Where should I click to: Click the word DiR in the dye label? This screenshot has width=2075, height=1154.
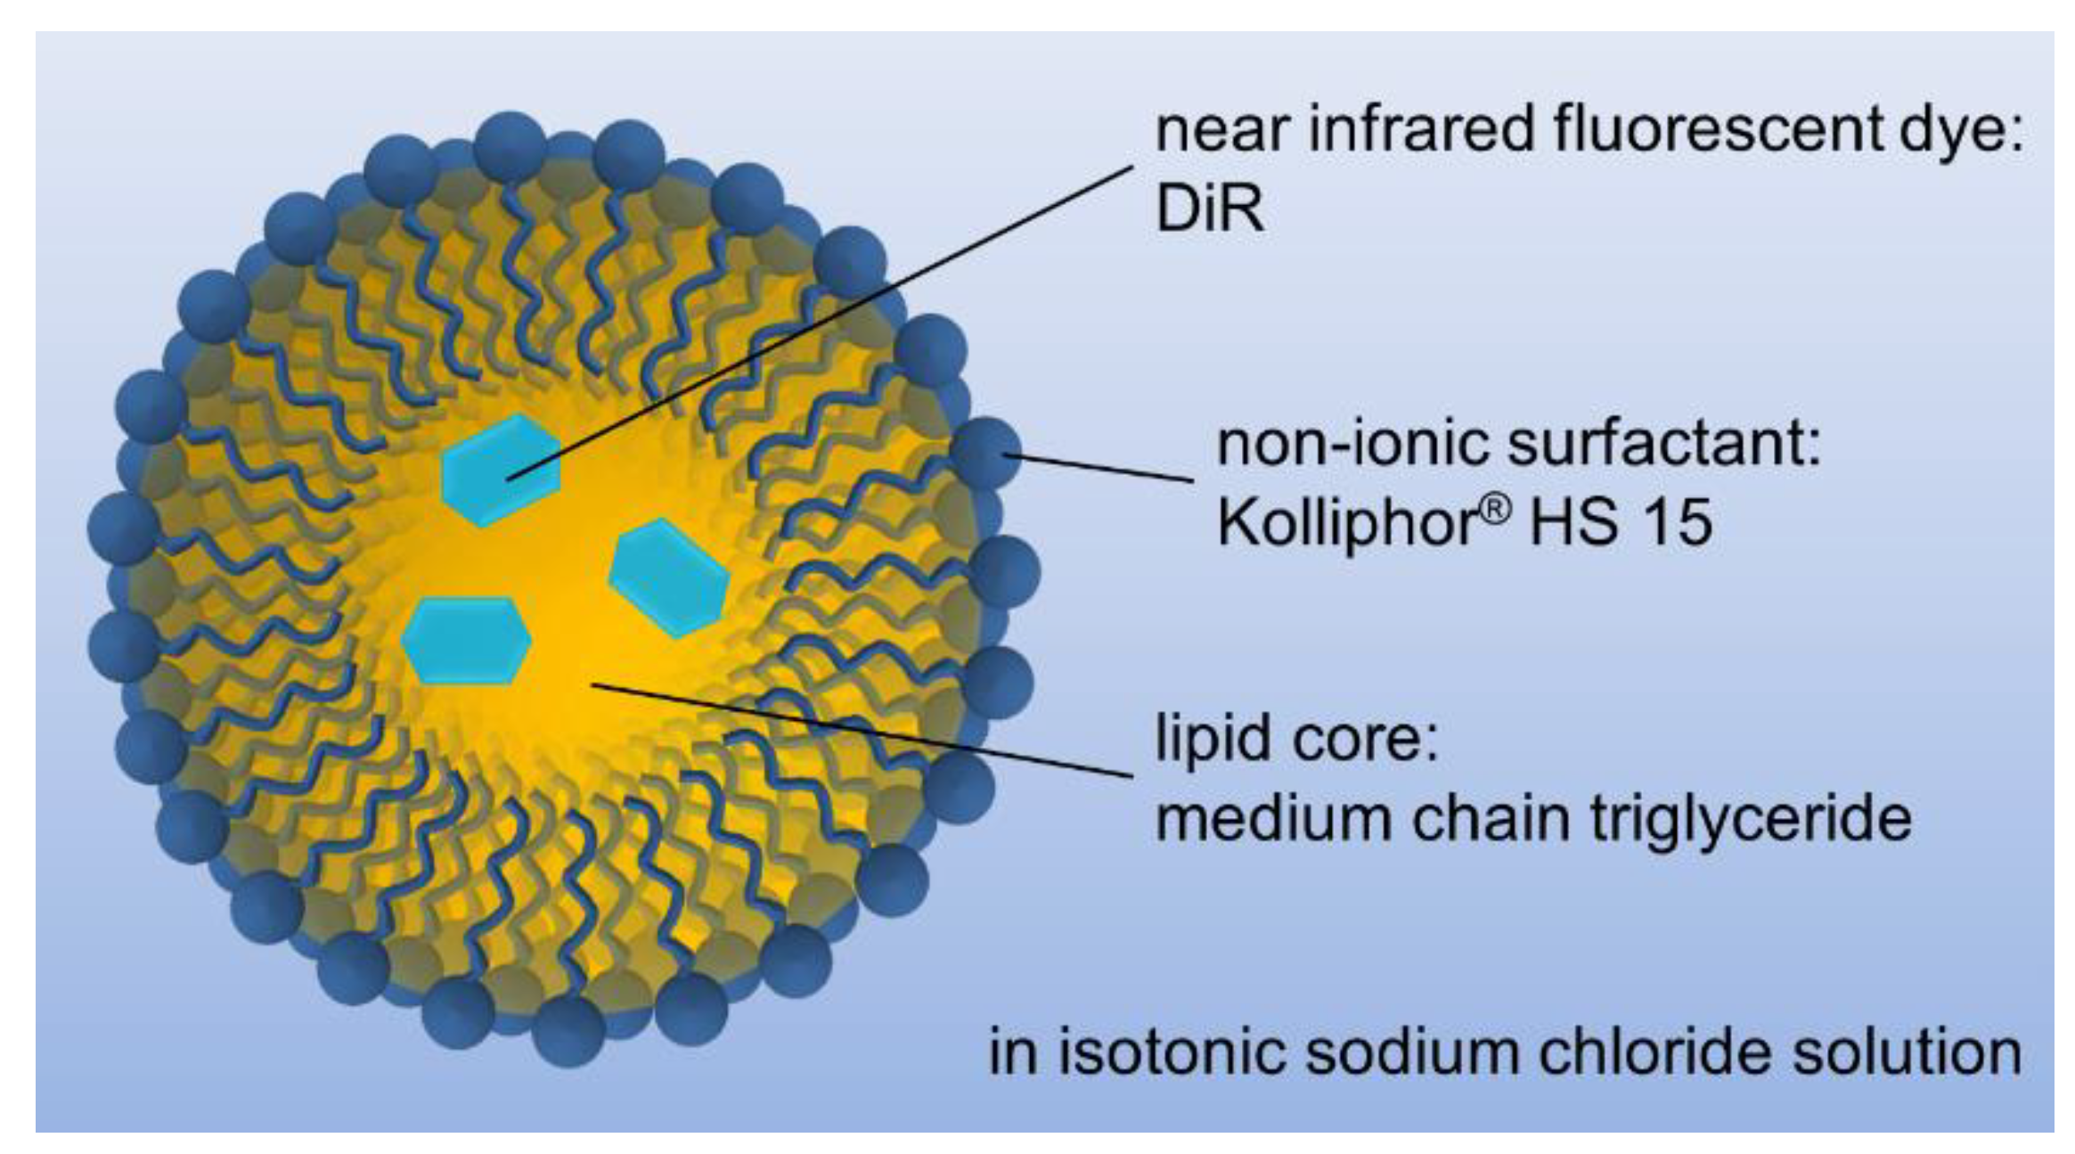(1208, 209)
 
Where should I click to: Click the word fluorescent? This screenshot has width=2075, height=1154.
(1717, 130)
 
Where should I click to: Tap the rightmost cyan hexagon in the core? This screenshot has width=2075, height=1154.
(668, 577)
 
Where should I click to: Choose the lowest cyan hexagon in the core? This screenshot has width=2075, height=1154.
(465, 640)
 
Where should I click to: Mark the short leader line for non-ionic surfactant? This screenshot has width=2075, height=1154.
(1100, 468)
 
